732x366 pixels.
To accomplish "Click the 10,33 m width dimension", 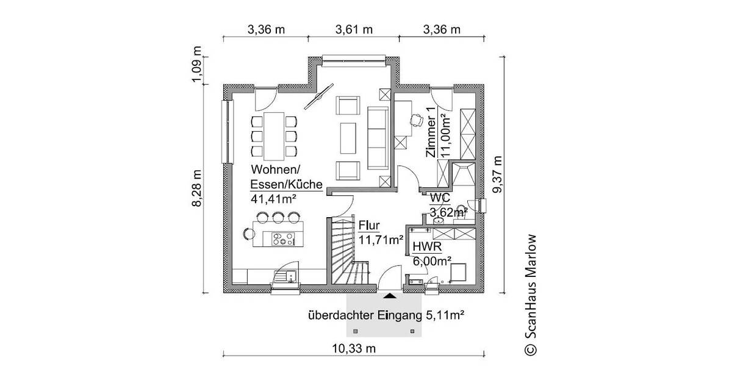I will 354,348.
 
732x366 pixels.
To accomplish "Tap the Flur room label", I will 369,224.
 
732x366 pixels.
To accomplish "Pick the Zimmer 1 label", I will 431,133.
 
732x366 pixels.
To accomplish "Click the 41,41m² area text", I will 273,198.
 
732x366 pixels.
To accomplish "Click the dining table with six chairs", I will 273,134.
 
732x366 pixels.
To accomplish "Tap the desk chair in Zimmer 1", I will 417,120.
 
